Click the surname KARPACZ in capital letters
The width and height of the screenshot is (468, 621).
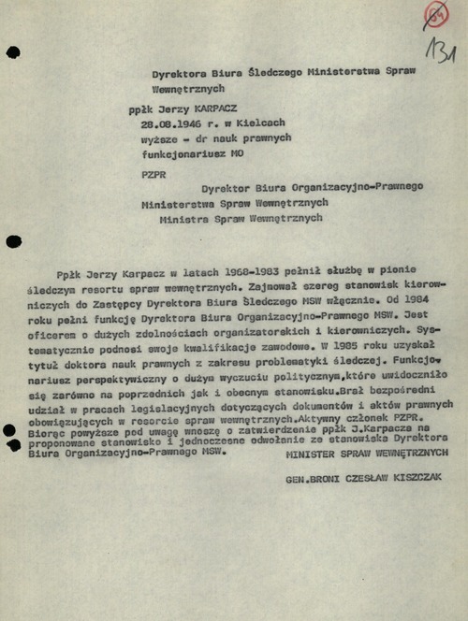(213, 109)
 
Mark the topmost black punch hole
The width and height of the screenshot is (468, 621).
(13, 52)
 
